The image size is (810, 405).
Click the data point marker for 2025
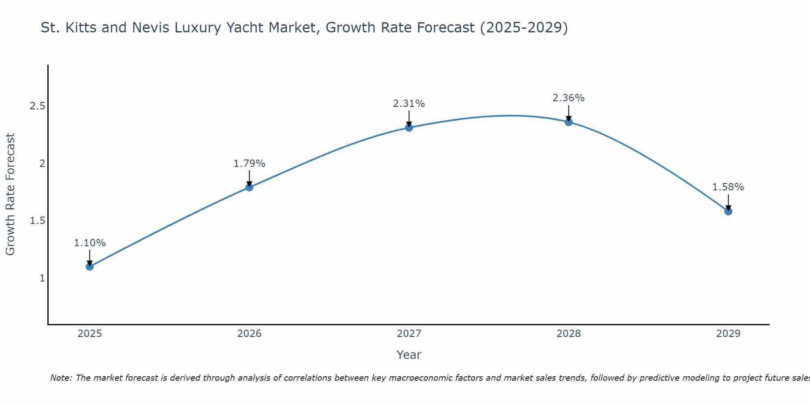click(x=90, y=266)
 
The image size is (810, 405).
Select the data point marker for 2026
click(x=249, y=187)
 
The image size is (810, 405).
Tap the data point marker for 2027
click(x=409, y=128)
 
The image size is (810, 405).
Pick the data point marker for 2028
click(x=569, y=122)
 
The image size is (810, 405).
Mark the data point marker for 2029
click(x=728, y=211)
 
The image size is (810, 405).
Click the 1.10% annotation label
click(x=90, y=243)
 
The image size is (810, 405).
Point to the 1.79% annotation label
click(x=249, y=164)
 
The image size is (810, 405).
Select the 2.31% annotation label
click(x=409, y=104)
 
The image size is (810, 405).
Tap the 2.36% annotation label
click(x=569, y=98)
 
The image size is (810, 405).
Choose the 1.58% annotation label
click(x=728, y=187)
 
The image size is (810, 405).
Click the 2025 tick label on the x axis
click(x=90, y=334)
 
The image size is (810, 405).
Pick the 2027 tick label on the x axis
click(x=409, y=334)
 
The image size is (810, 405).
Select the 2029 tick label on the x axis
click(x=728, y=334)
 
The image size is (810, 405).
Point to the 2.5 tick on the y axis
click(x=37, y=107)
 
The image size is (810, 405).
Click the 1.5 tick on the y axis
click(x=37, y=221)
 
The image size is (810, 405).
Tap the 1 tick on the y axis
click(x=42, y=278)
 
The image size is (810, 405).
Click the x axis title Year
click(x=409, y=355)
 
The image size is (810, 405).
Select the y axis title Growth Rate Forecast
click(x=10, y=194)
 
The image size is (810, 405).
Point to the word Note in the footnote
click(x=61, y=378)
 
